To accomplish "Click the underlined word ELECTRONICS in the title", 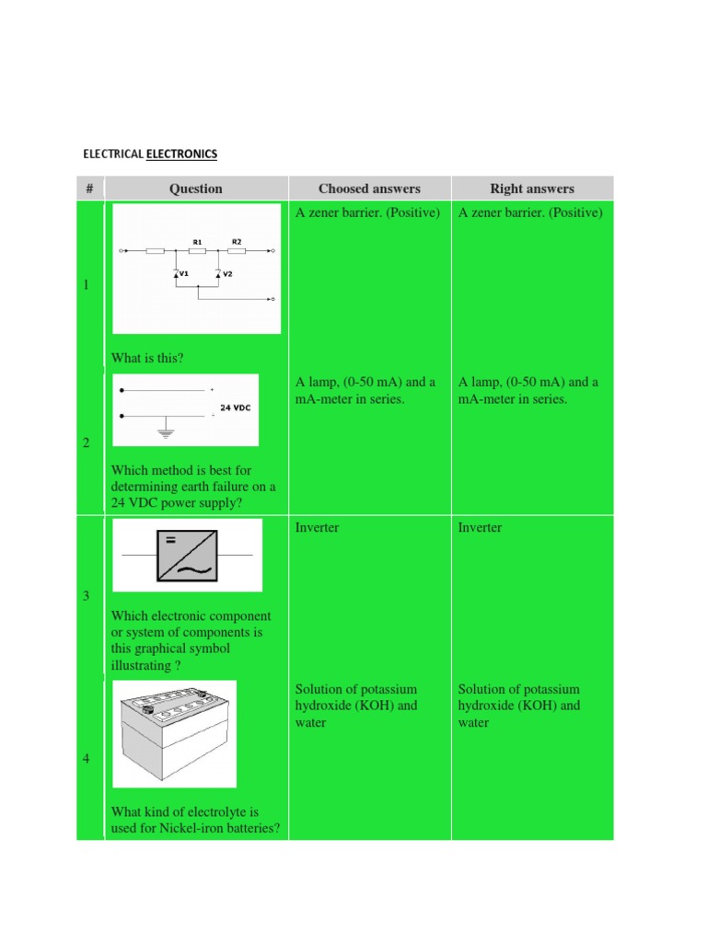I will (x=181, y=153).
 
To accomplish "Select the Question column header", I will (x=195, y=189).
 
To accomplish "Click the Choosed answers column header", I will (x=369, y=189).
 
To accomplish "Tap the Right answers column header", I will (x=531, y=189).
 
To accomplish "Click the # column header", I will (x=89, y=189).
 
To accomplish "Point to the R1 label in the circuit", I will (x=197, y=241).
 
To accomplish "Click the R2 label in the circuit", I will (x=237, y=241).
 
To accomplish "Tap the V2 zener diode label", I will (x=227, y=274).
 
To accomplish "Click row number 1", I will (x=87, y=285).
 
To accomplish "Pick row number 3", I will (x=87, y=596).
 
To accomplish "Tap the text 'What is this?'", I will (x=147, y=358).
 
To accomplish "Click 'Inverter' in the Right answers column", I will (x=480, y=528).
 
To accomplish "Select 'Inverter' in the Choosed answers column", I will (x=317, y=528).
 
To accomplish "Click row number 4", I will (x=87, y=760).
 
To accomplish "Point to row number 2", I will (x=87, y=443).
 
